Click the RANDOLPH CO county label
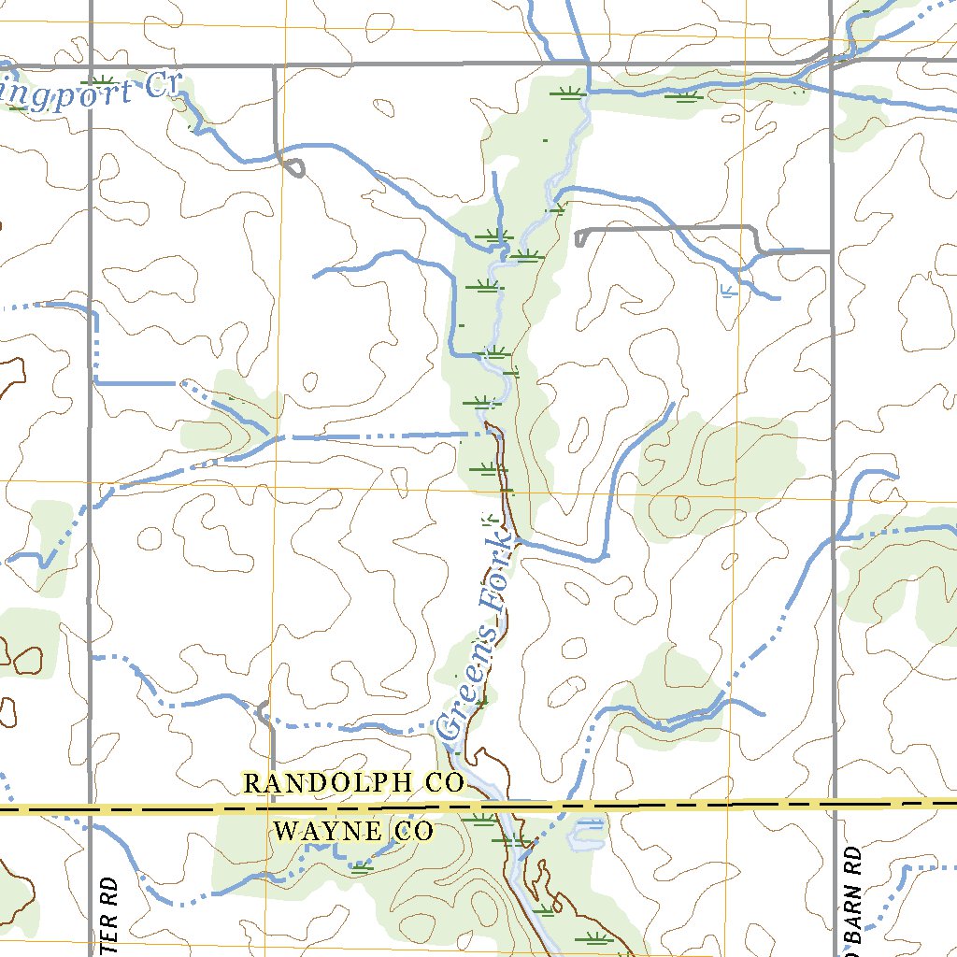353,783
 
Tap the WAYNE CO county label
354,831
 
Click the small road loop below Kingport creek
293,168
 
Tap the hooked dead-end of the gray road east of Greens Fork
580,237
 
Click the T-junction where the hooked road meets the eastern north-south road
831,250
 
